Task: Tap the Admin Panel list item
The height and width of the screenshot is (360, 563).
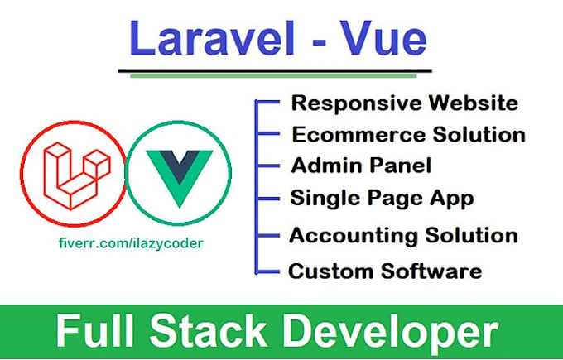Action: pyautogui.click(x=361, y=166)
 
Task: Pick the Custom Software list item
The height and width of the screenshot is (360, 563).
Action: pyautogui.click(x=384, y=271)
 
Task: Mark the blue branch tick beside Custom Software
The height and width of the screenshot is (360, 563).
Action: pyautogui.click(x=267, y=269)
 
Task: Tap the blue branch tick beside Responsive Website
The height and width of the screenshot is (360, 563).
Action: pyautogui.click(x=267, y=102)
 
